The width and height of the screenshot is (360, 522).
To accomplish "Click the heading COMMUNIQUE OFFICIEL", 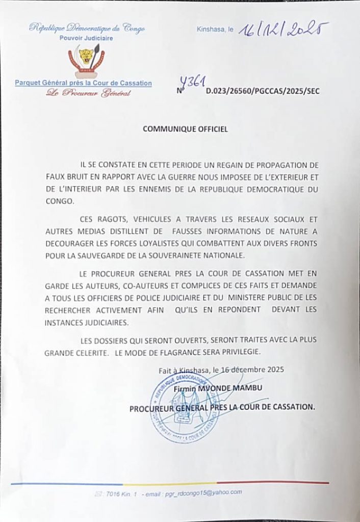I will [185, 129].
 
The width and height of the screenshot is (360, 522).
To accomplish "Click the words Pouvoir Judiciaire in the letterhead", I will [86, 38].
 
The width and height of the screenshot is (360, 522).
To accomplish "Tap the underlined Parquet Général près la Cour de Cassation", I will [83, 83].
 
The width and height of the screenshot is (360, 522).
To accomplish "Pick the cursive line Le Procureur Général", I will [88, 93].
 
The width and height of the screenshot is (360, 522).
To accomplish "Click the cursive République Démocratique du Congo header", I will [87, 28].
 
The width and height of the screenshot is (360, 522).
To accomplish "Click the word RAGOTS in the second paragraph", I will [112, 219].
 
